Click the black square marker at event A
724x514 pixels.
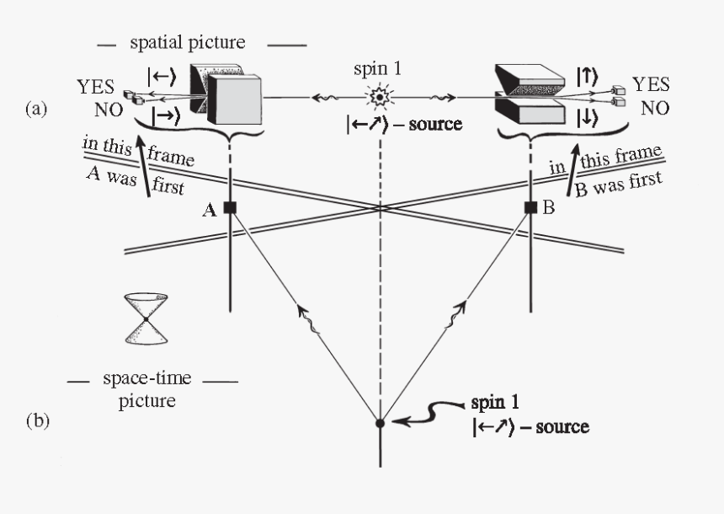coord(230,207)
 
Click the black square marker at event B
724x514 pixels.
coord(531,207)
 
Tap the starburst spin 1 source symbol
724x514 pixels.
coord(380,99)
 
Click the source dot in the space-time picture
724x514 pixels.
coord(380,423)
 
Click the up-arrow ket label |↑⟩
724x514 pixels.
coord(587,76)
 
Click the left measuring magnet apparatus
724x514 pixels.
coord(224,94)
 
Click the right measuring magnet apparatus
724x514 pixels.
coord(530,94)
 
